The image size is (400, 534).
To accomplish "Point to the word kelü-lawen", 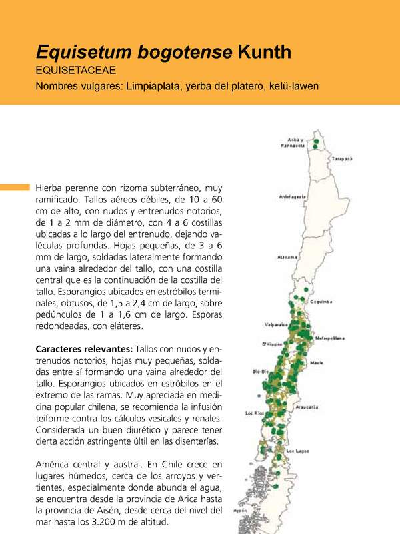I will pos(294,86).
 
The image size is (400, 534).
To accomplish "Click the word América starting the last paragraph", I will pos(55,463).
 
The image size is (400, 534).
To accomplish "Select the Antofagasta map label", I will pos(292,197).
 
